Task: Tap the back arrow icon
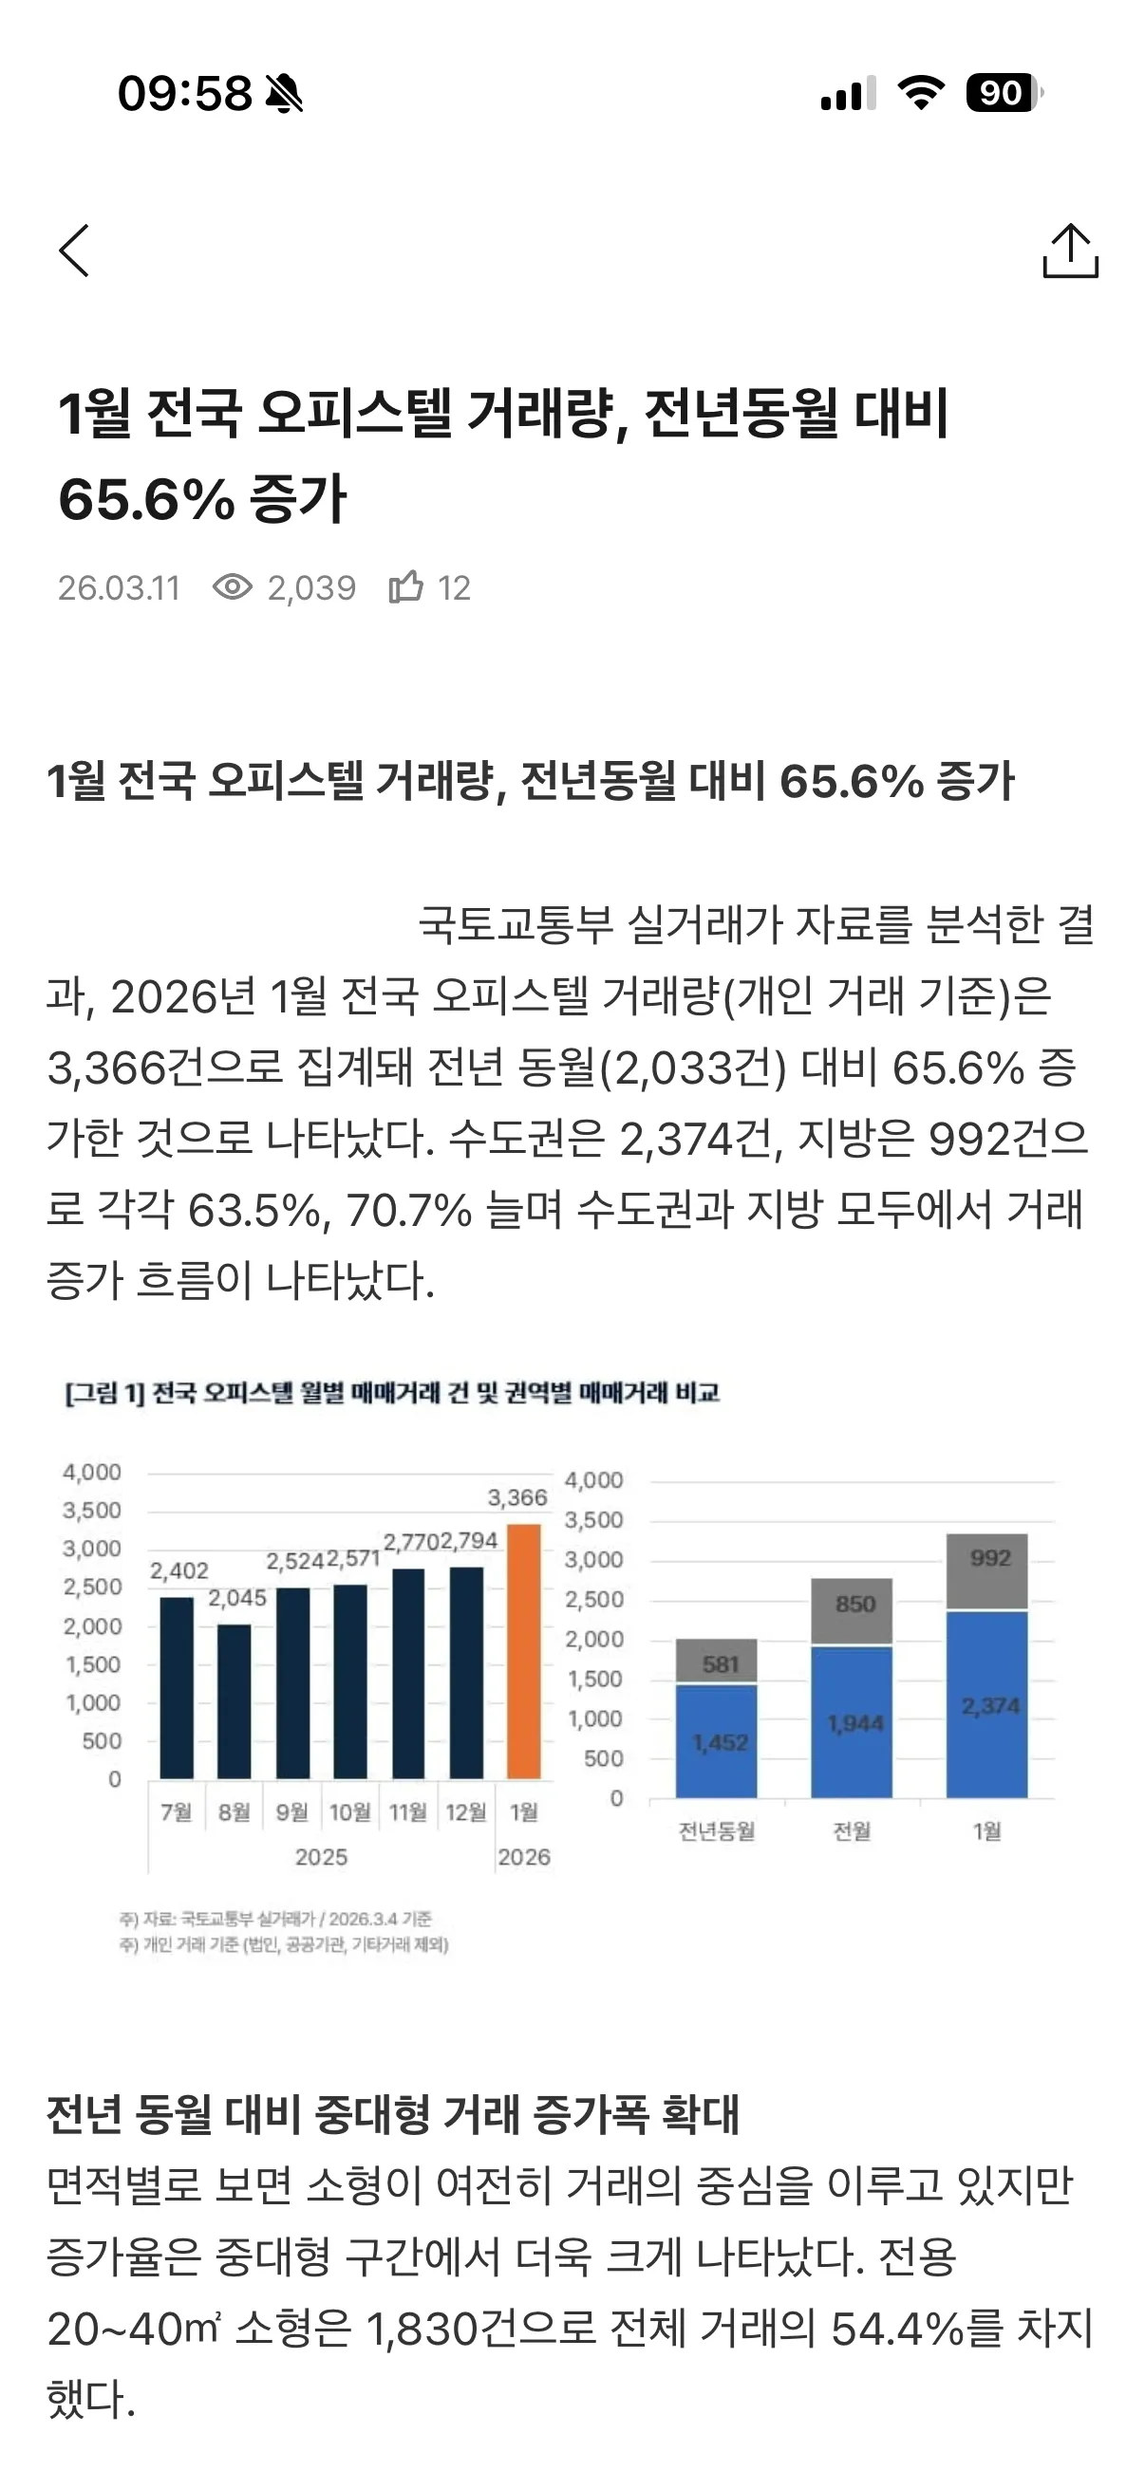pos(74,251)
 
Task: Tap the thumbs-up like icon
pos(405,586)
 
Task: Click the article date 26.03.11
pos(119,588)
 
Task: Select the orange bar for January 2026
pos(524,1652)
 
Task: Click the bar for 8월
pos(234,1700)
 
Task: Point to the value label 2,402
pos(178,1571)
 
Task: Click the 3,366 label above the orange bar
pos(516,1498)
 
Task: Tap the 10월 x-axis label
pos(349,1813)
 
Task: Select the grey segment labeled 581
pos(716,1662)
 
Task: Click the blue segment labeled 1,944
pos(852,1722)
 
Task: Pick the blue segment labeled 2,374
pos(986,1705)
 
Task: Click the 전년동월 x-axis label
pos(716,1831)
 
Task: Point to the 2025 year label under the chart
pos(321,1857)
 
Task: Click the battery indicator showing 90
pos(1003,94)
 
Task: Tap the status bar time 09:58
pos(184,94)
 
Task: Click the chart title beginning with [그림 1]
pos(392,1393)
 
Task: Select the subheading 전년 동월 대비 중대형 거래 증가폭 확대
pos(392,2115)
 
